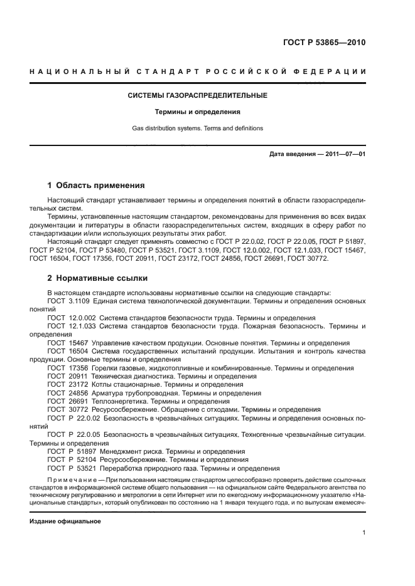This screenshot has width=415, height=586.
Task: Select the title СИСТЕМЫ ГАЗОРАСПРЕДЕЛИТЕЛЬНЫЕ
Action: point(198,95)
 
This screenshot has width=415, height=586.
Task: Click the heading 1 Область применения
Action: point(96,186)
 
